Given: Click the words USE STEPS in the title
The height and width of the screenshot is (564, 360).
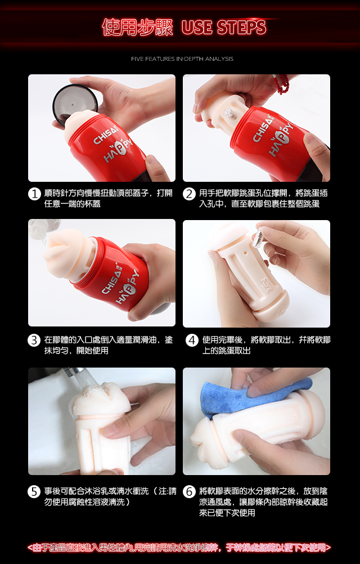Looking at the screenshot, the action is coord(224,28).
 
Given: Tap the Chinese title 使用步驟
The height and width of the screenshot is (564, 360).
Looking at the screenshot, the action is coord(138,28).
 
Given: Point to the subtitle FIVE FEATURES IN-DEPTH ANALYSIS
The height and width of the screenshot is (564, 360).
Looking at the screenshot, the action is coord(182,59).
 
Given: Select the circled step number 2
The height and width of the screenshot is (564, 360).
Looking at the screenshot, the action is coord(189,194).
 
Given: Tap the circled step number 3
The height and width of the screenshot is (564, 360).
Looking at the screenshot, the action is coord(34,341).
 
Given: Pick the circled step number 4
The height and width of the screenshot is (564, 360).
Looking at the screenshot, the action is coord(192,341).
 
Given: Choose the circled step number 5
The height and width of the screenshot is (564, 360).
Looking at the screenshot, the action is coord(34,492).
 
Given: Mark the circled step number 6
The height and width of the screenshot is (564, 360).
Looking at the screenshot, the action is coord(189,492).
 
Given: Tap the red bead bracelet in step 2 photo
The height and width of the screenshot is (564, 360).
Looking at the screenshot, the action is coord(282,84).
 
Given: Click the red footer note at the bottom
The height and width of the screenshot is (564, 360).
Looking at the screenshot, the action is coord(179,548).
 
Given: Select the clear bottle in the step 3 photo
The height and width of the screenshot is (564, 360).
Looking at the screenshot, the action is coord(39,230).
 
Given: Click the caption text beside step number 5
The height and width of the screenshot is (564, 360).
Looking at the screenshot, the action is coord(110,496).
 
